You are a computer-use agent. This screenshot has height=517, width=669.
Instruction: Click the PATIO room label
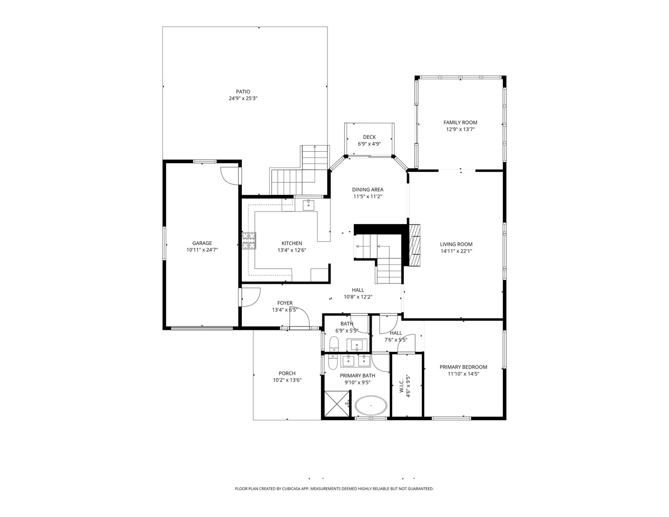(243, 91)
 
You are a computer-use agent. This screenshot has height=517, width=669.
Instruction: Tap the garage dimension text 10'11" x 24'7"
(202, 250)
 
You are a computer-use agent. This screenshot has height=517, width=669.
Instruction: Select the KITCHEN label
(292, 243)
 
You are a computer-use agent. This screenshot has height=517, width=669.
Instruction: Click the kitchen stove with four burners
(249, 241)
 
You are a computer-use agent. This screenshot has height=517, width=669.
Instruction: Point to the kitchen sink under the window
(308, 205)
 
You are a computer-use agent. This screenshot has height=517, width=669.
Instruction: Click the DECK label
(369, 137)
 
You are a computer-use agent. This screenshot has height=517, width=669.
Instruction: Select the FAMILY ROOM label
(460, 123)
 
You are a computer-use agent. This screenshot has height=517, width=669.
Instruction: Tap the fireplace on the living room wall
(415, 245)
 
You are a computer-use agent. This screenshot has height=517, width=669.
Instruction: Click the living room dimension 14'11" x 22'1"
(456, 251)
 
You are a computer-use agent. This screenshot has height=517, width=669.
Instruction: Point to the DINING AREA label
(368, 190)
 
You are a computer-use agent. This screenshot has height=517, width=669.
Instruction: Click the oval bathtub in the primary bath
(371, 406)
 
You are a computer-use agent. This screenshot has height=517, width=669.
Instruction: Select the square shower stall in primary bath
(338, 405)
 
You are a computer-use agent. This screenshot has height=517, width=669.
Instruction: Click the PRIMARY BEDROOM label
(464, 367)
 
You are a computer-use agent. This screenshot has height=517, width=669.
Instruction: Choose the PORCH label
(287, 373)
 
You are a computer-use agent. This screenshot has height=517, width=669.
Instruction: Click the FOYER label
(285, 303)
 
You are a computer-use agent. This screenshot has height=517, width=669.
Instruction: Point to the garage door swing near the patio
(229, 175)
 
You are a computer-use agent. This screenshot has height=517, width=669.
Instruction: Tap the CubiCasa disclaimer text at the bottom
(334, 489)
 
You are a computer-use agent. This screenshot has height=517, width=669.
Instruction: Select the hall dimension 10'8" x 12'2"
(358, 297)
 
